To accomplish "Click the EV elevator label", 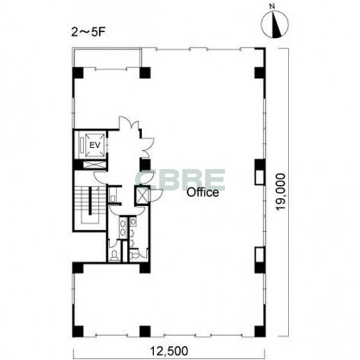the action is pos(95,146).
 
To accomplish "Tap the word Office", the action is pos(202,193).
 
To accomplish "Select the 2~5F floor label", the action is pos(88,32).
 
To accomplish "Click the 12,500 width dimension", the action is pos(169,351).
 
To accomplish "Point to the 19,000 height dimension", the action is pos(281,192).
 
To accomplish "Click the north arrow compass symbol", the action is pos(275,23).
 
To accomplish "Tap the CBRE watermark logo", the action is pos(180,180).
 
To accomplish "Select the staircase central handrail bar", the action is pos(90,201).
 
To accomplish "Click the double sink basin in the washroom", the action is pos(123,228).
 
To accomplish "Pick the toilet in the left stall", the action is pos(114,255).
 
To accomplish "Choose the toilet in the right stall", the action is pos(134,255).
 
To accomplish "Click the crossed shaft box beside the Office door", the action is pos(142,195).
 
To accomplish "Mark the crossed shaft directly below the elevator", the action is pos(95,164).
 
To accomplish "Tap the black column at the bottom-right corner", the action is pos(260,332).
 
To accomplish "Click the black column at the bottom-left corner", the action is pos(78,332).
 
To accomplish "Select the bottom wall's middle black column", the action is pos(145,332).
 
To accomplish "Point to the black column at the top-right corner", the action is pos(260,73).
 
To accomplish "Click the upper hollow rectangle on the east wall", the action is pos(260,177).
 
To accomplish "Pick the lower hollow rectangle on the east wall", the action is pos(260,254).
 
